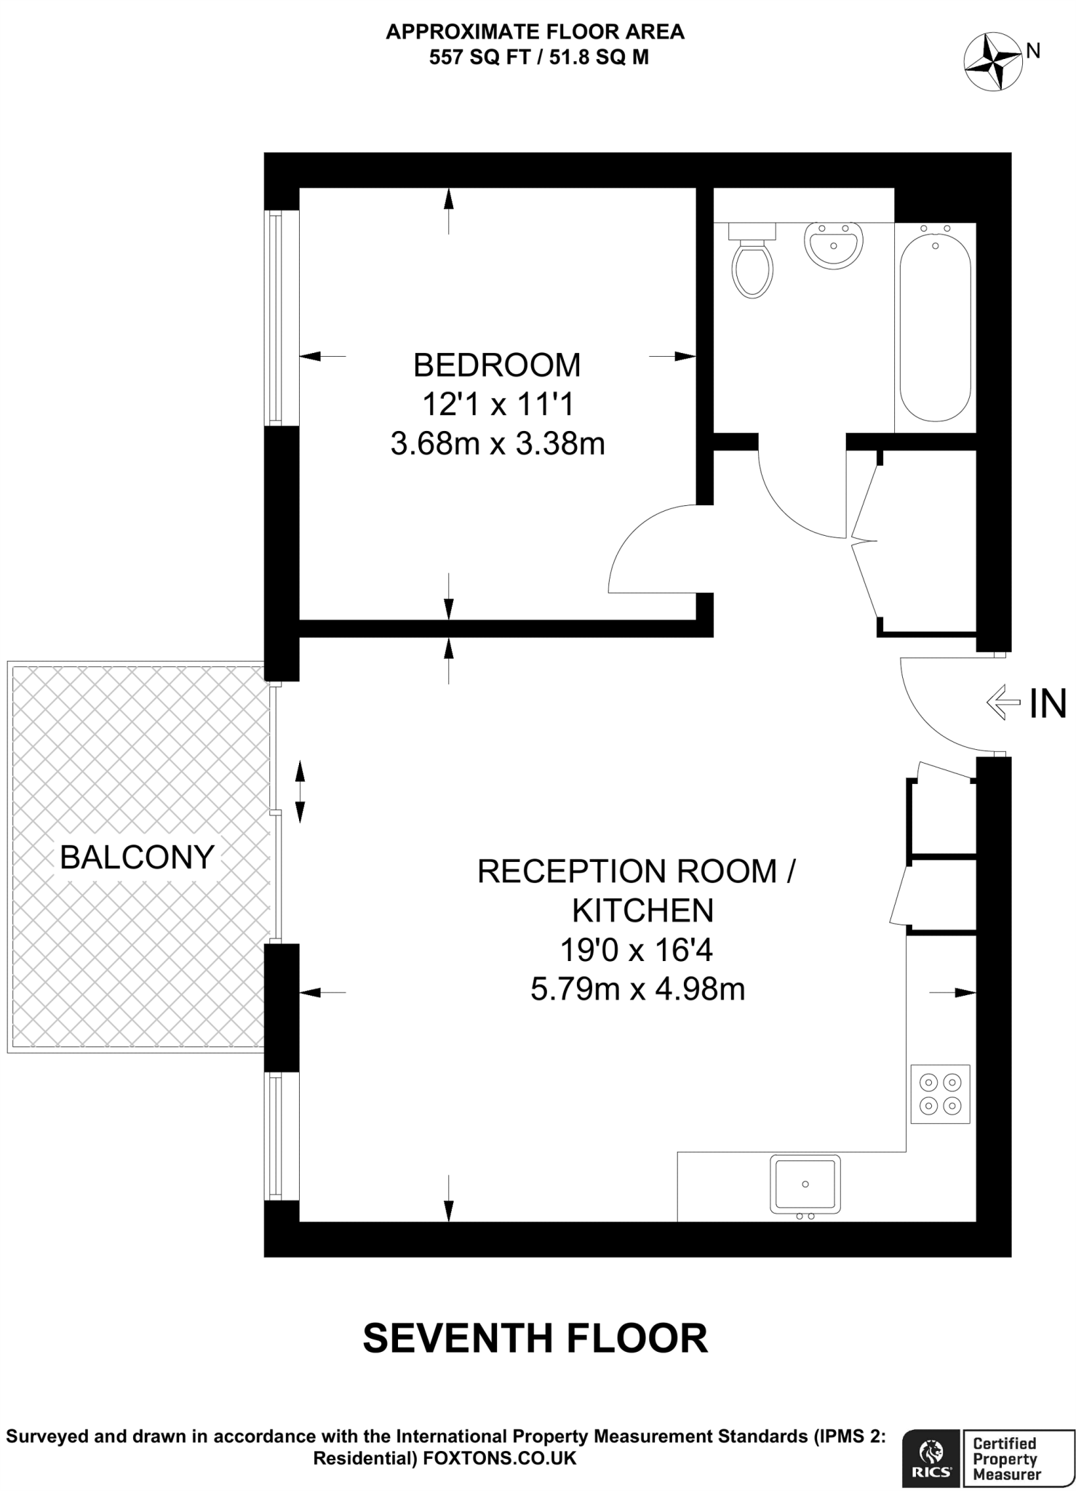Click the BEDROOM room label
point(497,365)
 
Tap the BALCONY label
point(137,857)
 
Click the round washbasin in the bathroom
point(834,245)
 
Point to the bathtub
point(935,322)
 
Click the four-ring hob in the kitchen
point(941,1094)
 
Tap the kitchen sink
point(805,1184)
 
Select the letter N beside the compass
point(1033,50)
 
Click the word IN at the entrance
point(1048,704)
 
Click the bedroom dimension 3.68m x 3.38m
point(498,443)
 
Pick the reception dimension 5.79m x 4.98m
point(637,989)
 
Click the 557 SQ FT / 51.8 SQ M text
point(538,58)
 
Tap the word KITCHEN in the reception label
point(642,911)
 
